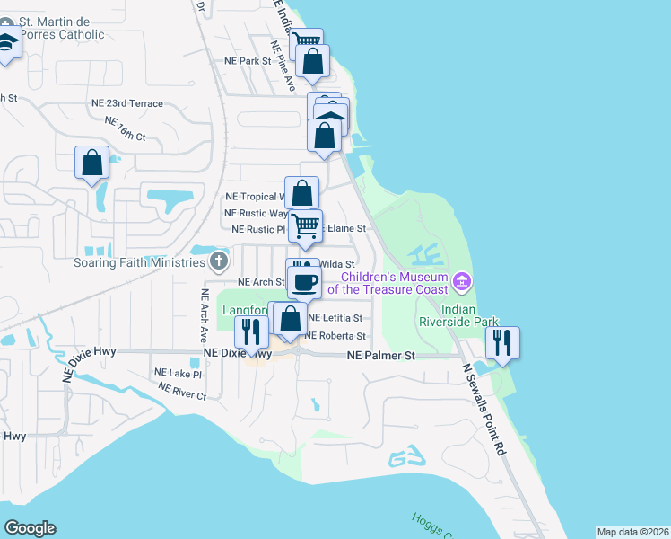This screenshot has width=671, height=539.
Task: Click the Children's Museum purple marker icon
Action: (x=463, y=283)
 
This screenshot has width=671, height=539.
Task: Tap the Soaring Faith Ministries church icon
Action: (x=218, y=261)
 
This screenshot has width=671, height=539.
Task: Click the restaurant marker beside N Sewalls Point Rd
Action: (x=501, y=342)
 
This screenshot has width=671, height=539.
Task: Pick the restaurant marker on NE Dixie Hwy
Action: (x=250, y=332)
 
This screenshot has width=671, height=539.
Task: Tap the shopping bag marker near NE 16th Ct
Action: (x=91, y=163)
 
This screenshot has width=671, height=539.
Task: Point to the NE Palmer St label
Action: (x=381, y=356)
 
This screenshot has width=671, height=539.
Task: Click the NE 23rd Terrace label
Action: (x=127, y=103)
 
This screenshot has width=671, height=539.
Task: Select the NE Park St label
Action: (x=248, y=61)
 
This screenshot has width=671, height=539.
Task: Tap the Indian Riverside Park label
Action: (x=446, y=314)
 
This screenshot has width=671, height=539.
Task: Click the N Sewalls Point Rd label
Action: (x=484, y=399)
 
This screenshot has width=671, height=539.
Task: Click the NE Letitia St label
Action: (x=335, y=318)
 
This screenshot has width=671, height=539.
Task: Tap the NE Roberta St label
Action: (x=336, y=336)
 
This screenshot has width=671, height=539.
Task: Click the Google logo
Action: (x=30, y=528)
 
